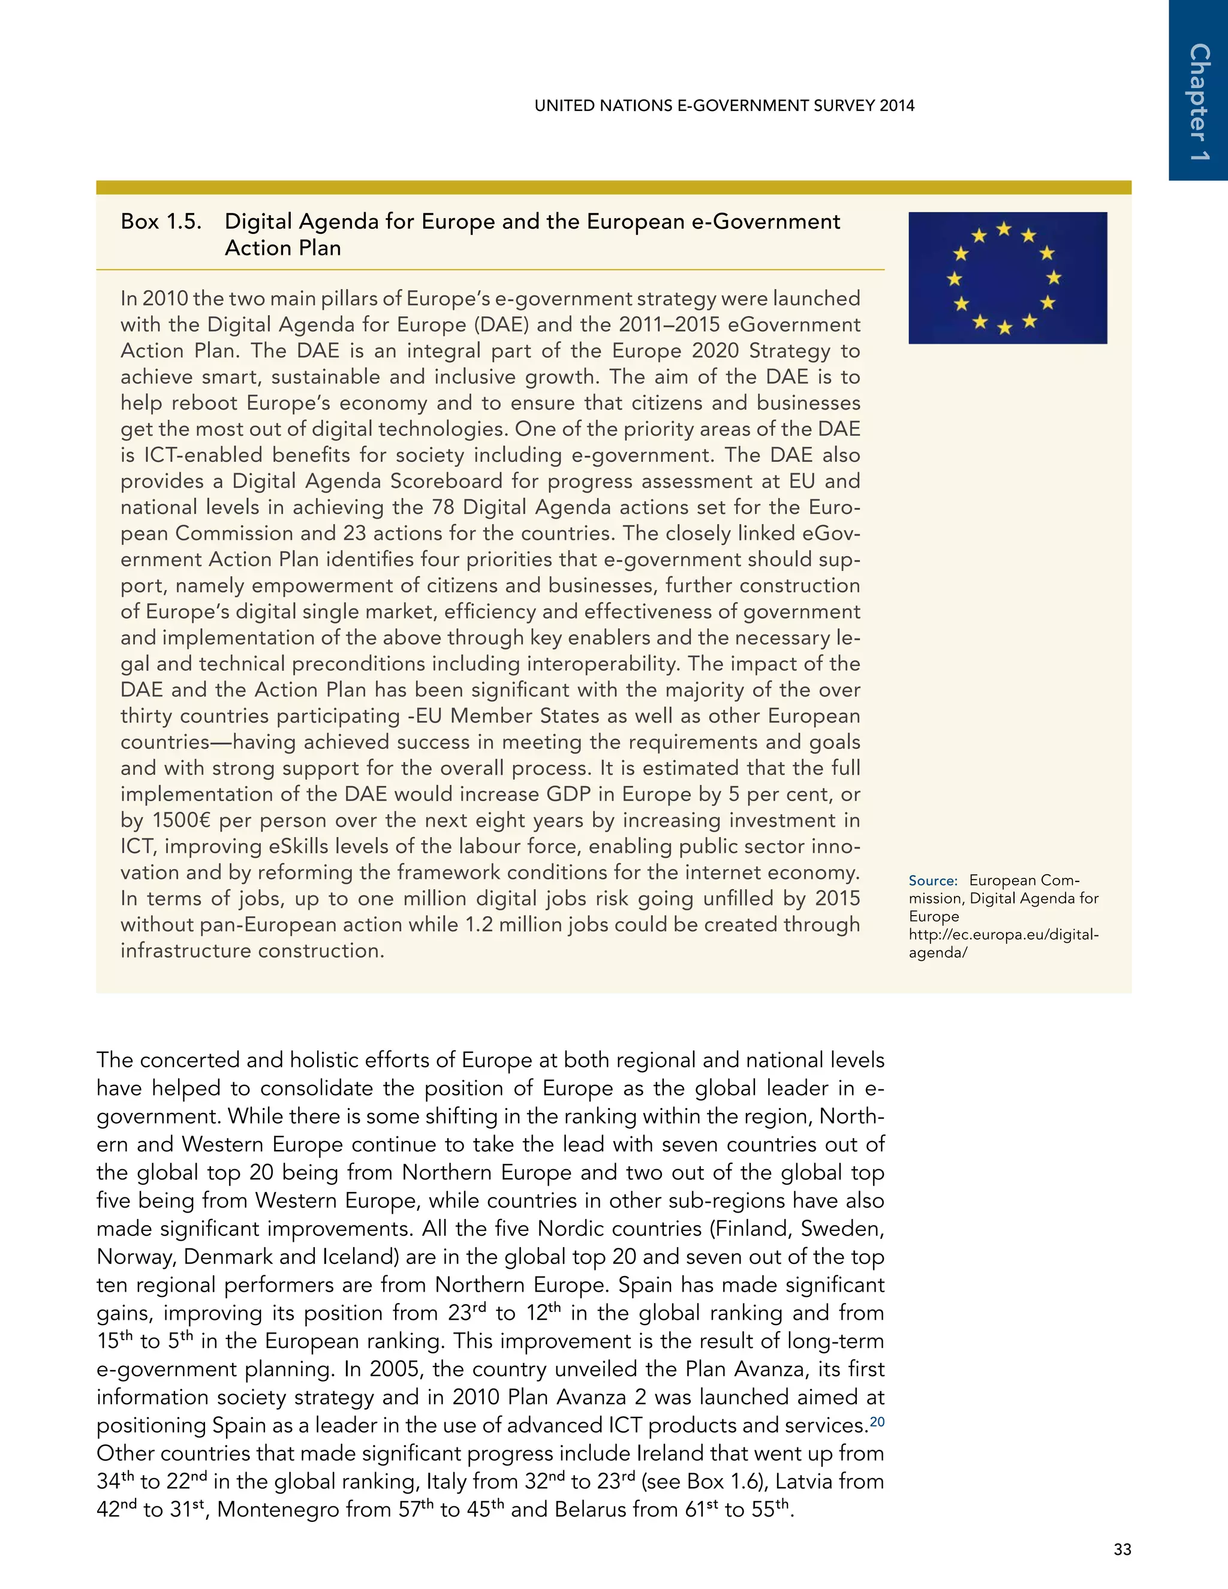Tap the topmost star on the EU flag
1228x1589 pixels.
(x=1004, y=229)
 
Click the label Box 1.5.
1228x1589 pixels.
(x=161, y=221)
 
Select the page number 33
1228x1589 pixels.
(x=1122, y=1549)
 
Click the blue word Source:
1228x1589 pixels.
(x=932, y=880)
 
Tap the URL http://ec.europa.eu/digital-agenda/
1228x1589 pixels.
(x=1003, y=943)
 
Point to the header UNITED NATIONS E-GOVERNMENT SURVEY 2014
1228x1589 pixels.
(x=724, y=106)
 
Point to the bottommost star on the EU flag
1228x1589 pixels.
(x=1004, y=327)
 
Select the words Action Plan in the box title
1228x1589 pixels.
(x=282, y=248)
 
